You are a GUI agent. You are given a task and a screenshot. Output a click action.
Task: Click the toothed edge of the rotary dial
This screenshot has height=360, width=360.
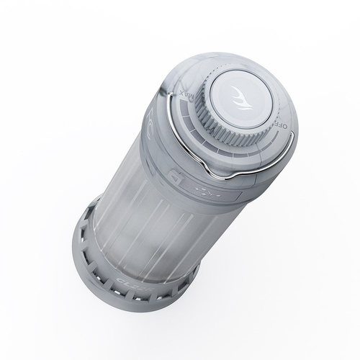[x=216, y=133]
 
